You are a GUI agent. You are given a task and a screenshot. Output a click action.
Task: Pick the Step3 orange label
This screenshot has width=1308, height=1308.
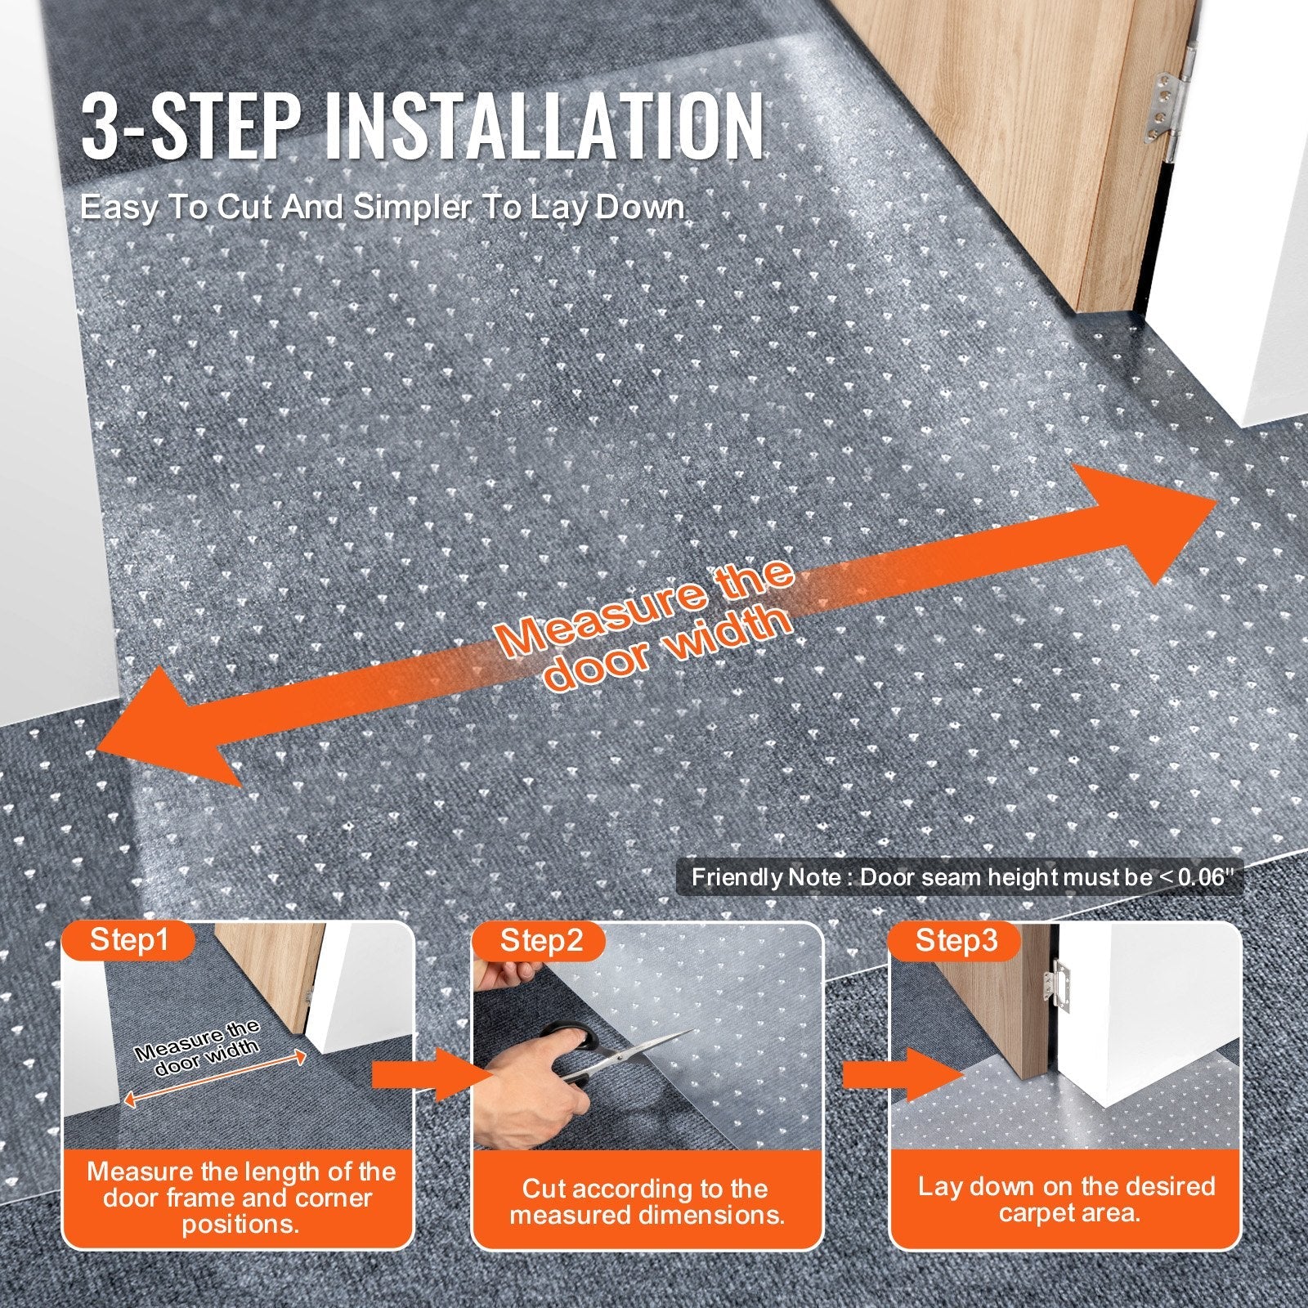[956, 940]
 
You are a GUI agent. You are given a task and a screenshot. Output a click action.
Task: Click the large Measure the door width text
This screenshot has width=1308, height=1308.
[646, 625]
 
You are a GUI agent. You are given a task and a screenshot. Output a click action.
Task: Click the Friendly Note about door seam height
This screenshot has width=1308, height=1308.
[961, 878]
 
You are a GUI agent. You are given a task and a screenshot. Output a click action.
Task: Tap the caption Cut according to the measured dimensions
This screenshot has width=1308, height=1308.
[647, 1201]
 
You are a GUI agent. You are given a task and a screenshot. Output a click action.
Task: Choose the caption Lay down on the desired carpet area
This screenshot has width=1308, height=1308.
[1066, 1199]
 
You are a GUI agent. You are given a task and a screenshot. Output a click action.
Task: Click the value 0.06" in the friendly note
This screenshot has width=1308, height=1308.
[1202, 878]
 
